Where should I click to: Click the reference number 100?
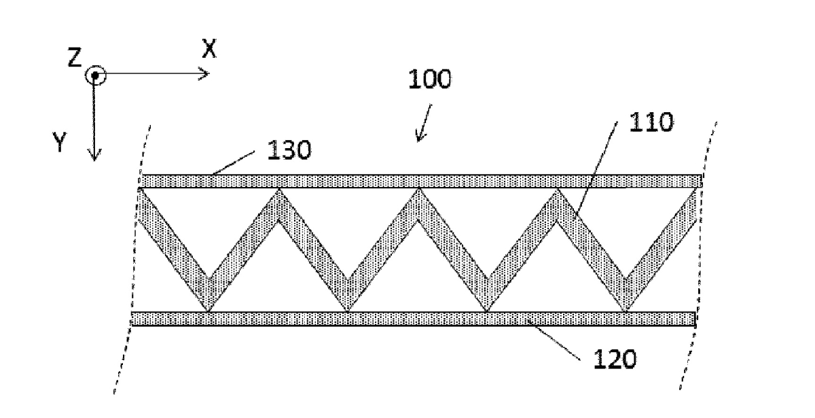430,80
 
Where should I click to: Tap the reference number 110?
651,122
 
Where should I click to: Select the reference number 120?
615,360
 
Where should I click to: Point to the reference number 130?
289,150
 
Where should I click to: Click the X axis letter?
209,48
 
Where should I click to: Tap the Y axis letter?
60,142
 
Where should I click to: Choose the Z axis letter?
75,58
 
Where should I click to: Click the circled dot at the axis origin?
95,75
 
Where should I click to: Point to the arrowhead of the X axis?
204,74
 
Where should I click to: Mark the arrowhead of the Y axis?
94,156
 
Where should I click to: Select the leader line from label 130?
234,162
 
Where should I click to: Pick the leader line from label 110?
596,171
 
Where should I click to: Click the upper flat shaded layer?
421,181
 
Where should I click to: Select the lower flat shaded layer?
414,319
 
